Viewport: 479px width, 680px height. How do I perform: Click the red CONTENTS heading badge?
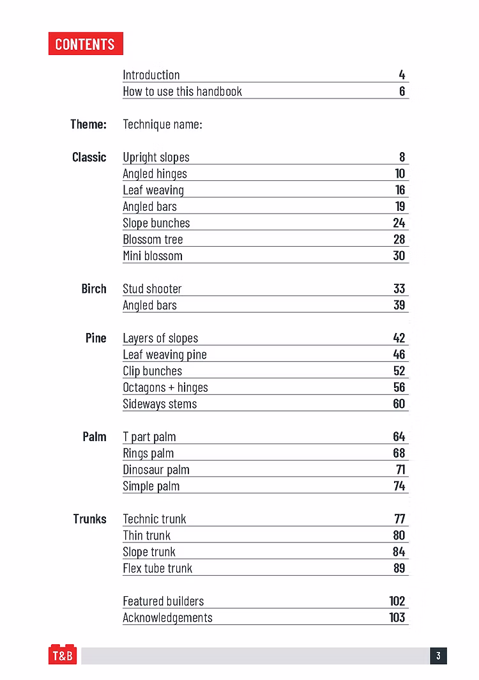pyautogui.click(x=85, y=44)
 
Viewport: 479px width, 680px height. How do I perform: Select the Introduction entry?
pyautogui.click(x=151, y=75)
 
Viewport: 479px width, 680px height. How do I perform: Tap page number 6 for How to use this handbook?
pyautogui.click(x=402, y=91)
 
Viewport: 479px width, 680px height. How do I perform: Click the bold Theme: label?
pyautogui.click(x=88, y=124)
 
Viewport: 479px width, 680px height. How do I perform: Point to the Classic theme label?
pyautogui.click(x=89, y=157)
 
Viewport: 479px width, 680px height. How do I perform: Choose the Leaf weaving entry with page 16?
pyautogui.click(x=153, y=190)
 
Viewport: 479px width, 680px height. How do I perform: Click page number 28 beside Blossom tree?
pyautogui.click(x=399, y=240)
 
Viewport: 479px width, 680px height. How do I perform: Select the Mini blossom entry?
pyautogui.click(x=153, y=256)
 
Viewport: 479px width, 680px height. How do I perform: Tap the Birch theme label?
pyautogui.click(x=94, y=289)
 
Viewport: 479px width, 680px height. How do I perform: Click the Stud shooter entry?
pyautogui.click(x=152, y=289)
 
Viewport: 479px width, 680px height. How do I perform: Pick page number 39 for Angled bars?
pyautogui.click(x=399, y=305)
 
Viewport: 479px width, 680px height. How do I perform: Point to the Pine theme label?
pyautogui.click(x=96, y=338)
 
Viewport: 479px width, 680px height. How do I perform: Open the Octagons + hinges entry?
pyautogui.click(x=165, y=387)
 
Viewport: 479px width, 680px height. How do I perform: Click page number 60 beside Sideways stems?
pyautogui.click(x=399, y=404)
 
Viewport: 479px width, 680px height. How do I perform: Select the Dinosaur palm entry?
pyautogui.click(x=156, y=470)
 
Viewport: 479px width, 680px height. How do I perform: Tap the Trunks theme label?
pyautogui.click(x=90, y=519)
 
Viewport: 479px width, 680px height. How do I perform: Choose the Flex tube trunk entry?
pyautogui.click(x=157, y=568)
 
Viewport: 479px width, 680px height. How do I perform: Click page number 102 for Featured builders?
pyautogui.click(x=397, y=601)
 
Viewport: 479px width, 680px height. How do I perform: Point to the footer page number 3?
pyautogui.click(x=438, y=656)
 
